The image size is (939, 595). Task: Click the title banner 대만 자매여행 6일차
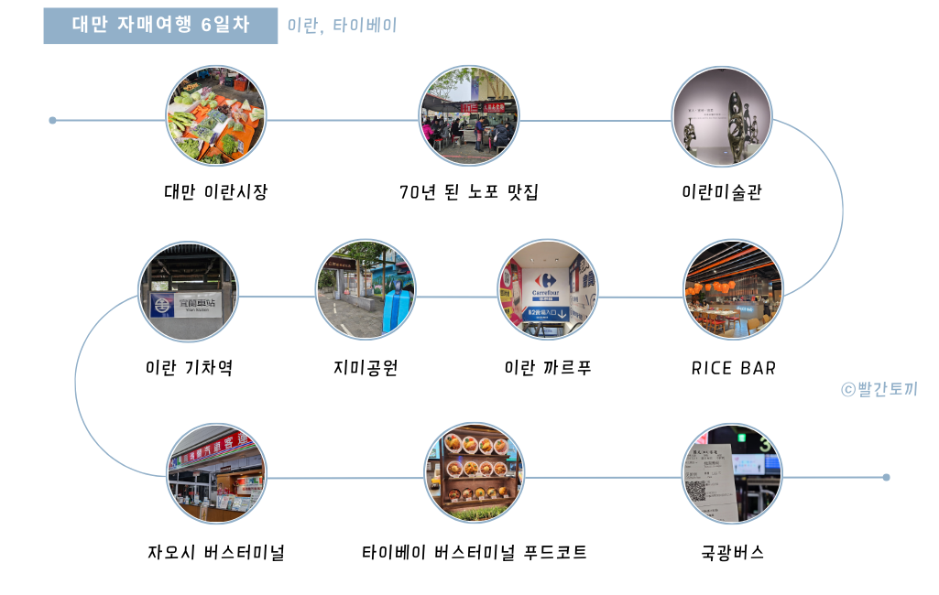pyautogui.click(x=160, y=26)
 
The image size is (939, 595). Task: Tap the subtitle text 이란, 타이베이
pyautogui.click(x=342, y=26)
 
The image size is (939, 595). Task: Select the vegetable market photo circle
pyautogui.click(x=216, y=116)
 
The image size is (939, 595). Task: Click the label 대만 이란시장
pyautogui.click(x=216, y=192)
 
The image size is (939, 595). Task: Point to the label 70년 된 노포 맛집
pyautogui.click(x=469, y=192)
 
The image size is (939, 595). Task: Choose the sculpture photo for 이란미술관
pyautogui.click(x=721, y=116)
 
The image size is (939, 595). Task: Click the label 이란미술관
pyautogui.click(x=722, y=192)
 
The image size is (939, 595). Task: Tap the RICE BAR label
pyautogui.click(x=734, y=368)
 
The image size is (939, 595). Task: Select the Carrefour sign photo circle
pyautogui.click(x=547, y=290)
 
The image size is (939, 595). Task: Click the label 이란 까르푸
pyautogui.click(x=548, y=368)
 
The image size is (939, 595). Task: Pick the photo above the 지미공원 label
pyautogui.click(x=366, y=290)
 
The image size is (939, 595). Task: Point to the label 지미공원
pyautogui.click(x=366, y=368)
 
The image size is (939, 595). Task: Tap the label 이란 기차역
pyautogui.click(x=190, y=368)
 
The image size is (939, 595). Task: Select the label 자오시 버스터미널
pyautogui.click(x=216, y=553)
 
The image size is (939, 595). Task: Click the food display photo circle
pyautogui.click(x=474, y=473)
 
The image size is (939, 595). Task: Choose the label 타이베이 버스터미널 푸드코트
pyautogui.click(x=475, y=553)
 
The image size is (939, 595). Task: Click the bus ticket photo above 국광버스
pyautogui.click(x=731, y=473)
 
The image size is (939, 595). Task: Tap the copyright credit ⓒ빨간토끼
pyautogui.click(x=879, y=389)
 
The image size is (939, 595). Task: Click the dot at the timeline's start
pyautogui.click(x=53, y=120)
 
